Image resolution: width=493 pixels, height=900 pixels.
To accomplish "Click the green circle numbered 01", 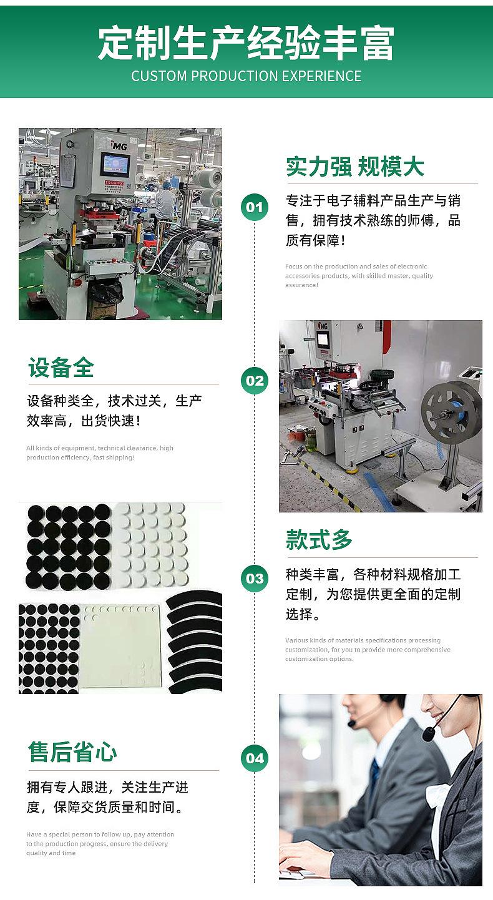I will click(255, 207).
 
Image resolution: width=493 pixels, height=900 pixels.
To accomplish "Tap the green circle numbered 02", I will click(255, 381).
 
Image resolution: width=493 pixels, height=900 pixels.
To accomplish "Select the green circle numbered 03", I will click(255, 578).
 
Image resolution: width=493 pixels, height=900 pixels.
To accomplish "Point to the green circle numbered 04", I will click(255, 758).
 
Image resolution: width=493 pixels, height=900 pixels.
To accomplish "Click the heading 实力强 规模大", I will click(354, 167).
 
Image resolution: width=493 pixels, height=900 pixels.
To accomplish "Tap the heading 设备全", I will click(61, 368).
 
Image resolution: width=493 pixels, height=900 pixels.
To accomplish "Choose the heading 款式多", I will click(320, 540).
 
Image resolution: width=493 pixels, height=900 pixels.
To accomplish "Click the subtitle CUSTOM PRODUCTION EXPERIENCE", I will click(246, 76).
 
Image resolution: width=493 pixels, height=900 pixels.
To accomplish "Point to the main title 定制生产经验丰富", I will click(246, 43).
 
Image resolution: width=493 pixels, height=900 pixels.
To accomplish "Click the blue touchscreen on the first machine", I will click(115, 165).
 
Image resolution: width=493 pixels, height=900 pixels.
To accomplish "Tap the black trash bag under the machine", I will click(104, 291).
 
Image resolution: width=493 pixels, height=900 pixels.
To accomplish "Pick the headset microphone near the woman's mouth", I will click(429, 733).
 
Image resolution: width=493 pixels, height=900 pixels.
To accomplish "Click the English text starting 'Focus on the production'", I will click(359, 275).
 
